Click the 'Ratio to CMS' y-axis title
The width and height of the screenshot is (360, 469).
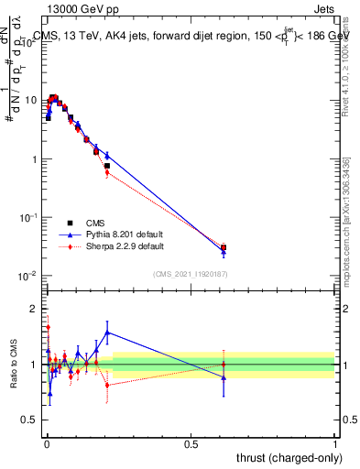(x=15, y=364)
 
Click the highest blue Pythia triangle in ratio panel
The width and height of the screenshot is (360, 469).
(x=107, y=333)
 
